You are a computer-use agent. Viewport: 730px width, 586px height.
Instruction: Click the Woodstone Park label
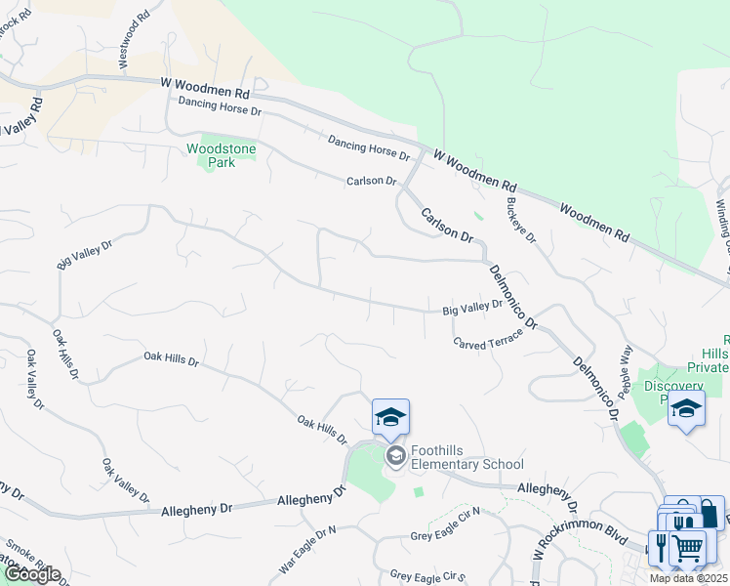[x=222, y=155]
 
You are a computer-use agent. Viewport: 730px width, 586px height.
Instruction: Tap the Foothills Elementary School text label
[x=466, y=457]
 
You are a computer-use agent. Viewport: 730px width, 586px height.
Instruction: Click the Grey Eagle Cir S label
[x=427, y=576]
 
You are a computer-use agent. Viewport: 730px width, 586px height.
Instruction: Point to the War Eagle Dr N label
[x=306, y=549]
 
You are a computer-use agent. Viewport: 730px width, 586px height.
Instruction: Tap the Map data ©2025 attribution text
[x=689, y=578]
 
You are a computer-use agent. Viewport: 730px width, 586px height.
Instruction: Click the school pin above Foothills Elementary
[x=390, y=417]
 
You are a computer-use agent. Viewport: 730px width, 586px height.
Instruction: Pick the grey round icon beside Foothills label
[x=395, y=456]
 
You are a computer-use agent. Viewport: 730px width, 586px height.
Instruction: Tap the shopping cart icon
[x=688, y=548]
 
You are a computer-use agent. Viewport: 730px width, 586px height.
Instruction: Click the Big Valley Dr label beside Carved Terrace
[x=472, y=307]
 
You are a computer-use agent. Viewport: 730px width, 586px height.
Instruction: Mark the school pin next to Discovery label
[x=686, y=408]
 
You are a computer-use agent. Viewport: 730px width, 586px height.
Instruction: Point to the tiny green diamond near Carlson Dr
[x=477, y=216]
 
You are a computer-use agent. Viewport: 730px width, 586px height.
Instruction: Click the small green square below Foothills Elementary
[x=419, y=491]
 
